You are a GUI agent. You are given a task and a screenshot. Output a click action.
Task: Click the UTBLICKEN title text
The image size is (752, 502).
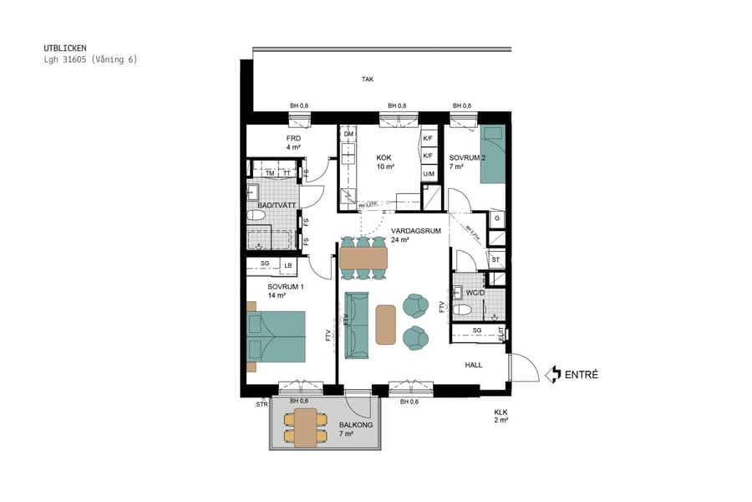click(x=64, y=49)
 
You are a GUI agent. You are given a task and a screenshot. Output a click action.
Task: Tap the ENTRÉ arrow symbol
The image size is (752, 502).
click(x=551, y=375)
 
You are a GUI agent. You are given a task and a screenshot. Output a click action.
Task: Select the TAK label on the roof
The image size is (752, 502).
click(x=367, y=79)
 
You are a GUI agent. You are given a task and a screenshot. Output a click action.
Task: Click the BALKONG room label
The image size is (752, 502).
click(x=356, y=425)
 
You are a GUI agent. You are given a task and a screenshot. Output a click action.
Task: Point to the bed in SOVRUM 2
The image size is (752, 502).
click(x=494, y=154)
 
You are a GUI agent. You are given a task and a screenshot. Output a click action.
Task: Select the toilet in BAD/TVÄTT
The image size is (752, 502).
click(x=256, y=216)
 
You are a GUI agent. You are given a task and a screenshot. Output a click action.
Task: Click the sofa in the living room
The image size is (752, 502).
click(x=358, y=325)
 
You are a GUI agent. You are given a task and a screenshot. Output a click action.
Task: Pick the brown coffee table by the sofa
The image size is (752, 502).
click(x=385, y=324)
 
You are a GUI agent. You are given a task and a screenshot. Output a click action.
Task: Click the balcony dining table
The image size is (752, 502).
click(x=306, y=428)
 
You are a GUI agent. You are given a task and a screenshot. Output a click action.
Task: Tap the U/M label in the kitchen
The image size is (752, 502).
click(x=429, y=174)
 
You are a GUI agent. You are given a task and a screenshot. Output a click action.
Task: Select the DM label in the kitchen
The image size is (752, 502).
click(x=348, y=134)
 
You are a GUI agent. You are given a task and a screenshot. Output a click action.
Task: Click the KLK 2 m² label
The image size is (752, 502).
click(x=500, y=417)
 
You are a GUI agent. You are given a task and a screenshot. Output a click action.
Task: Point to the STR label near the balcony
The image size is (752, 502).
click(x=262, y=404)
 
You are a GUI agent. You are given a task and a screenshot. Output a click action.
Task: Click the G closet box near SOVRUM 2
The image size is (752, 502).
click(x=497, y=219)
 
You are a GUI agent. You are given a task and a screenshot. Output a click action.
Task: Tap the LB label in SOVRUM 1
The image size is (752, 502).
click(x=288, y=266)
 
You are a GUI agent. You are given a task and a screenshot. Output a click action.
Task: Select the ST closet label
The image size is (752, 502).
click(x=495, y=260)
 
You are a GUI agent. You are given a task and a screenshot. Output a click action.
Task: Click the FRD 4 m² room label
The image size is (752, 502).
click(x=293, y=143)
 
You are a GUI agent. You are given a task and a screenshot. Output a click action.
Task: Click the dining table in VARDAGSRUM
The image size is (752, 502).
click(x=364, y=258)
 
